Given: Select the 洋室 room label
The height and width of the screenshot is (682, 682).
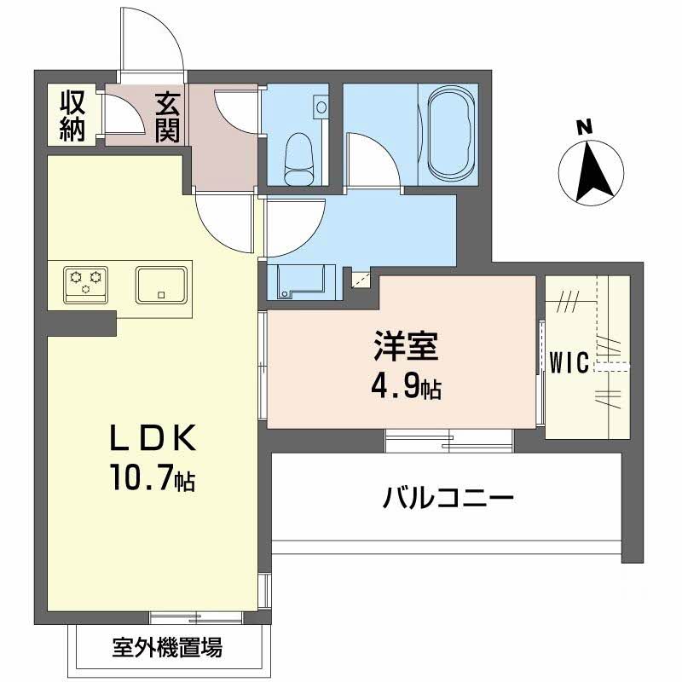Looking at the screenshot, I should (405, 350).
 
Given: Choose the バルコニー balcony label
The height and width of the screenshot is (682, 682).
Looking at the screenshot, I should (448, 497).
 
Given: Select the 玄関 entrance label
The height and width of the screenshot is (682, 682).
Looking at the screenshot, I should (166, 118).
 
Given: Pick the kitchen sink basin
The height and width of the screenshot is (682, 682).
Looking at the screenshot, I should (162, 284).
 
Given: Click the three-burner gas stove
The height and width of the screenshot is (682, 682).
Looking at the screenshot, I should (86, 283).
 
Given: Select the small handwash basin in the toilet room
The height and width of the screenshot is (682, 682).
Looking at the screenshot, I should (321, 107).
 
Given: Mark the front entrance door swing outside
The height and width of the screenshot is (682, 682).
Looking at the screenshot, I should (153, 43).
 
